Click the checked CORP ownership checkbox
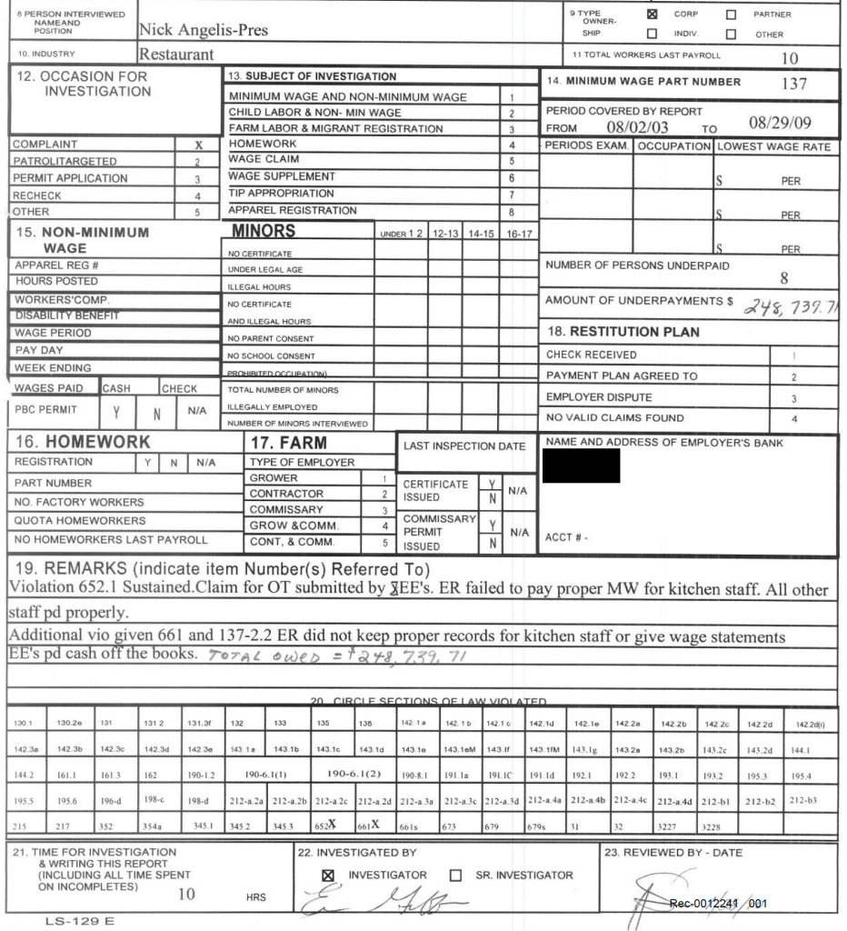click(x=652, y=15)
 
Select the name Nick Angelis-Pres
click(x=204, y=31)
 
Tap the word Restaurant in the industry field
click(x=176, y=55)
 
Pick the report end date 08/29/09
click(x=781, y=121)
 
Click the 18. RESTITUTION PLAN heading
click(x=622, y=332)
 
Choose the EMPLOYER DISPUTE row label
click(x=599, y=397)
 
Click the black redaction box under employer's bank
click(x=581, y=465)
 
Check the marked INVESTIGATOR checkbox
click(x=328, y=876)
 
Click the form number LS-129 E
click(x=81, y=921)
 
